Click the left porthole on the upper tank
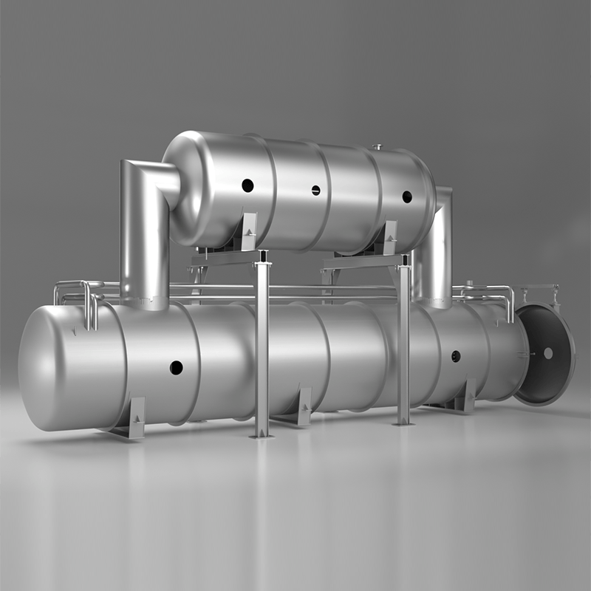[x=247, y=185]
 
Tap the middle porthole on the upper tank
[x=315, y=190]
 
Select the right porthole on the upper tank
[x=406, y=197]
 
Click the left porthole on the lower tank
[x=176, y=367]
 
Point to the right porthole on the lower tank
[x=456, y=356]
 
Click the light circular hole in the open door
[x=548, y=353]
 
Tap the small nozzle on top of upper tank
[x=378, y=147]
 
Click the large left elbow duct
[x=144, y=222]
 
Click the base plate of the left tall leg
[x=262, y=436]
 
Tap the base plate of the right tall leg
[x=403, y=423]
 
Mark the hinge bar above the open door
[x=539, y=287]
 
